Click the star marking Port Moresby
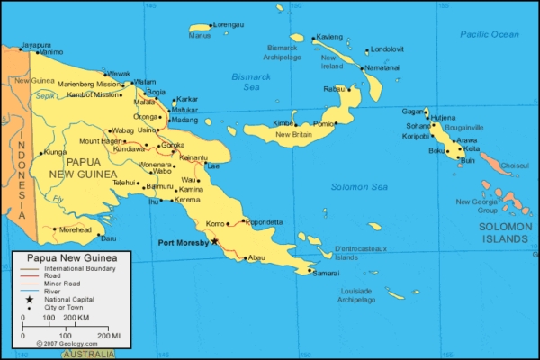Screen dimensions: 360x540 coord(214,241)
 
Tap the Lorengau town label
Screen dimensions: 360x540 coord(229,24)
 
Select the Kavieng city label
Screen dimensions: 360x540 coord(329,37)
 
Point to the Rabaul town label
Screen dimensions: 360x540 coord(336,89)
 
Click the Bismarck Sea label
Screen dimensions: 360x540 coord(245,82)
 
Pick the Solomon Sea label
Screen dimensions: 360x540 coord(358,186)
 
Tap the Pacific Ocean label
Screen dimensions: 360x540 coord(490,34)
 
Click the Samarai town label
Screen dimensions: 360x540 coord(326,273)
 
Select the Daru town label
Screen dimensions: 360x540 coord(108,238)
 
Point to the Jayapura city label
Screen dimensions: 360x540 coord(35,44)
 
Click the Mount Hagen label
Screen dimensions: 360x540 coord(101,141)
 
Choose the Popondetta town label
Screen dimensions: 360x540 coord(264,221)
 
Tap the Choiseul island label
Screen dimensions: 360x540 coord(515,166)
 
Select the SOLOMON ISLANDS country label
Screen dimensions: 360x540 coord(505,233)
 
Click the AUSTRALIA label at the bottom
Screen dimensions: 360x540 coord(88,355)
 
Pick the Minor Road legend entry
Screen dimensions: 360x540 coord(58,283)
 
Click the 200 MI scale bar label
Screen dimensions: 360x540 coord(110,335)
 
